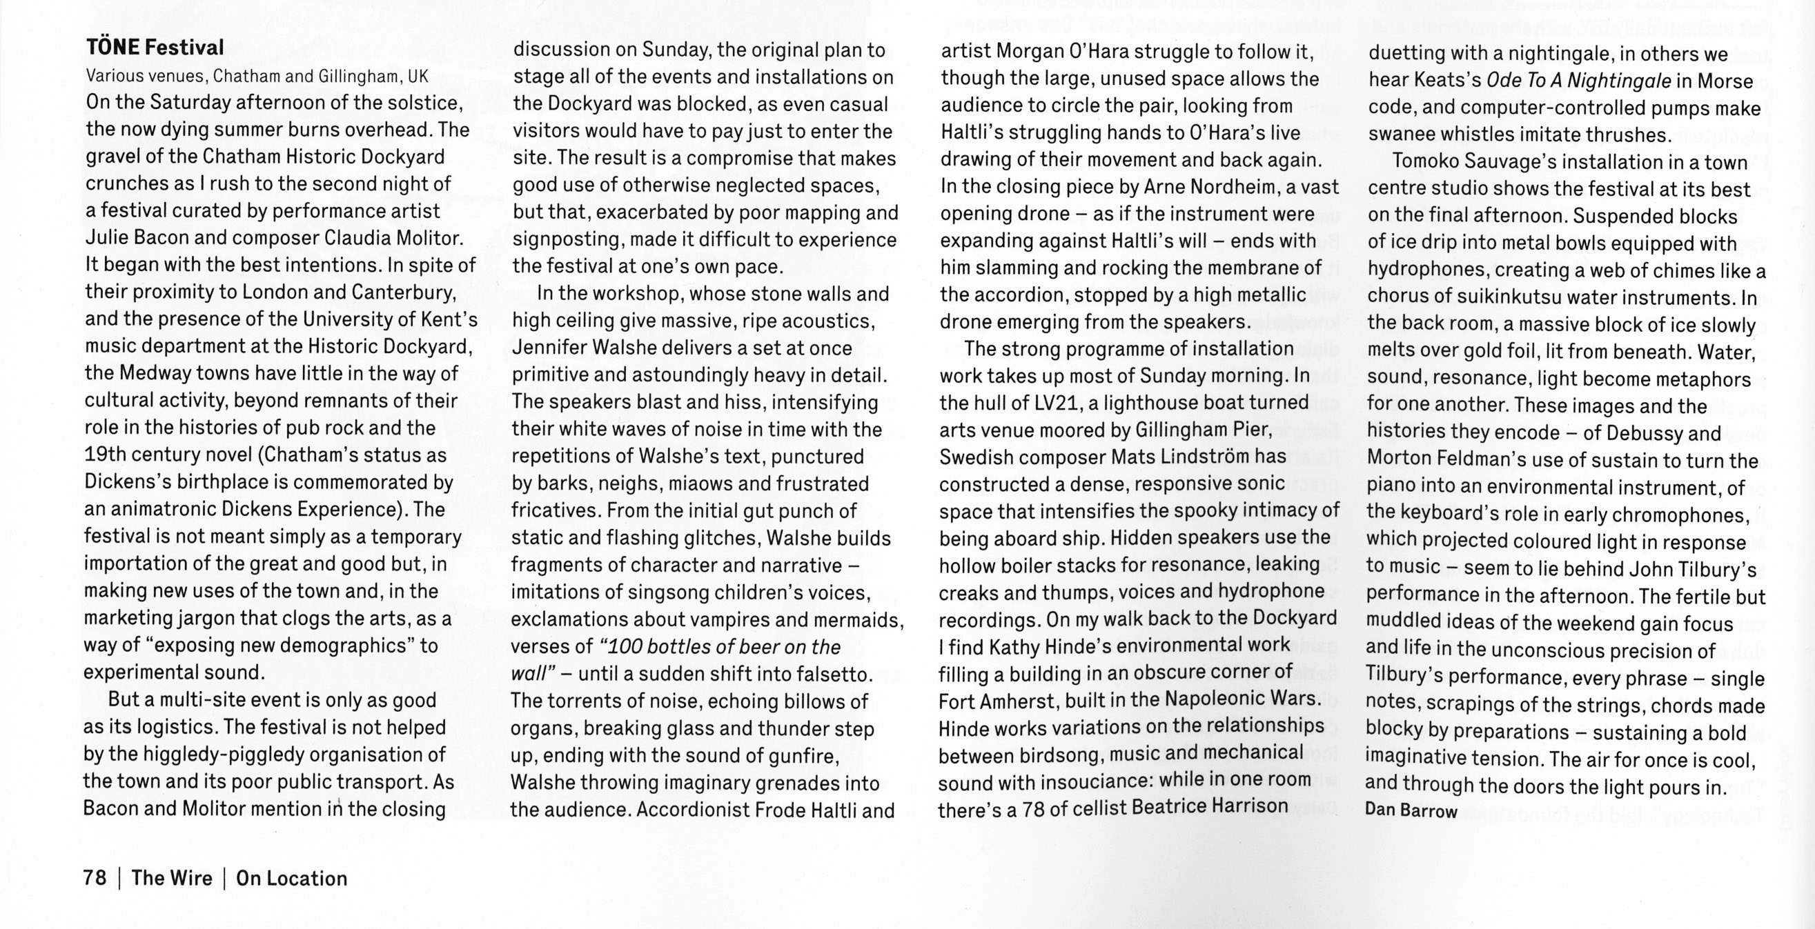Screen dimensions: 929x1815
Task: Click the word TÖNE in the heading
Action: coord(112,48)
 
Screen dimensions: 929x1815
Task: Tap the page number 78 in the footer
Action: coord(95,877)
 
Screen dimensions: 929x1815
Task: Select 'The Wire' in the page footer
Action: coord(171,877)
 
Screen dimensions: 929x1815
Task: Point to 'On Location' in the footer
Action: coord(292,878)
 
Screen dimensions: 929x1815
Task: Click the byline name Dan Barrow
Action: coord(1411,810)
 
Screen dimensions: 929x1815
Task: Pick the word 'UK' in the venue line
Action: coord(417,76)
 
